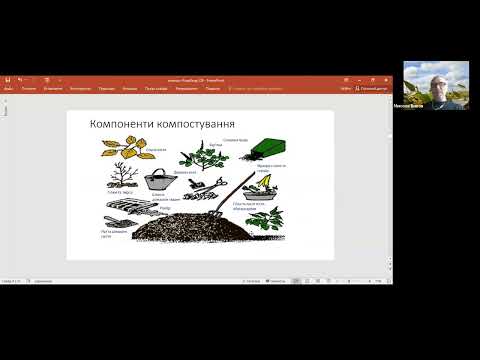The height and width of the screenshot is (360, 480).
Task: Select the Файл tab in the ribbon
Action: click(x=8, y=88)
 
